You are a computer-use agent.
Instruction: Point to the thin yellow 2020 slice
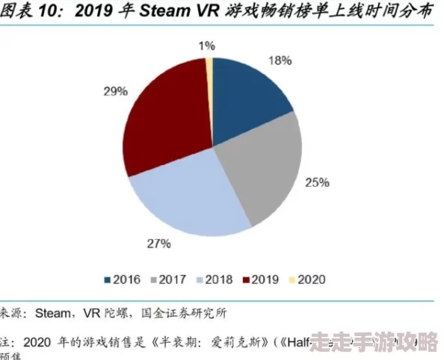pos(210,75)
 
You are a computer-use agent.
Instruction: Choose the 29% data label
pos(116,91)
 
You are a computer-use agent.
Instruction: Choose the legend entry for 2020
pos(305,279)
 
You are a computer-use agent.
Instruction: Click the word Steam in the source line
pos(55,313)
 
